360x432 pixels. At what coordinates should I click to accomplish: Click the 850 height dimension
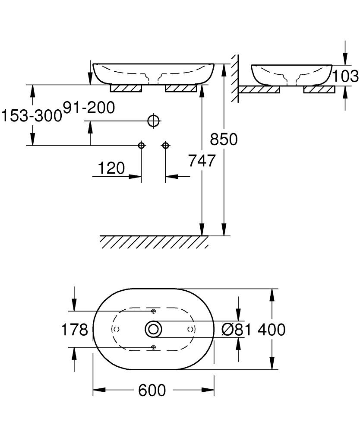click(224, 140)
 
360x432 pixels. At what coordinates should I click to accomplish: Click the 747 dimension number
click(202, 161)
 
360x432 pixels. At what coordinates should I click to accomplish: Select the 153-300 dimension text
click(31, 116)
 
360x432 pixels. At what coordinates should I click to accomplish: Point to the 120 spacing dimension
click(111, 168)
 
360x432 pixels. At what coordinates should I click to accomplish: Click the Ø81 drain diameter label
click(236, 330)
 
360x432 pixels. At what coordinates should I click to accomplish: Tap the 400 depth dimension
click(272, 330)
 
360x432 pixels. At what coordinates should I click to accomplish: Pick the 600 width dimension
click(152, 391)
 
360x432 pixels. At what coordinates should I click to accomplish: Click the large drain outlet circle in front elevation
click(154, 121)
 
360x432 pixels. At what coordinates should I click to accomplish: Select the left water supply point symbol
click(141, 146)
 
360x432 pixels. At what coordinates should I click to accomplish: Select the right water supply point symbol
click(165, 146)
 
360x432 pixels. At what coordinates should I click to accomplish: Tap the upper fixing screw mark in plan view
click(153, 311)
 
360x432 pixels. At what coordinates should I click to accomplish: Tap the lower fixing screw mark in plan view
click(153, 347)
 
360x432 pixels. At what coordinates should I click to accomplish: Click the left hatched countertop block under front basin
click(126, 89)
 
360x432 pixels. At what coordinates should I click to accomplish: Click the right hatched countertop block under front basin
click(181, 89)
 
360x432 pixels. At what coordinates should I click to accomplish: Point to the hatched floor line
click(155, 241)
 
